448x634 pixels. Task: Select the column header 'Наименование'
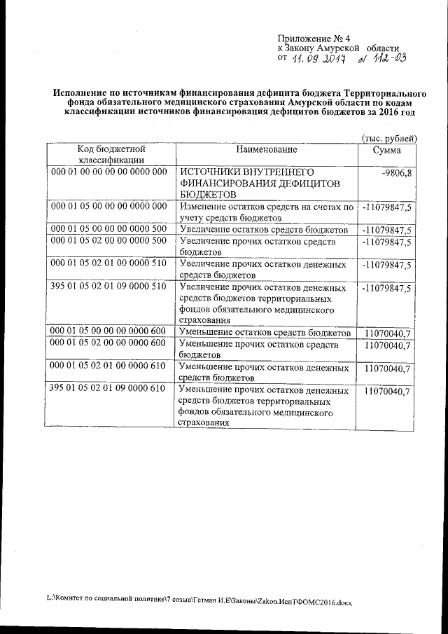266,149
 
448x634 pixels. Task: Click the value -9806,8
395,172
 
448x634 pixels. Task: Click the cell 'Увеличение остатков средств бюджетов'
263,230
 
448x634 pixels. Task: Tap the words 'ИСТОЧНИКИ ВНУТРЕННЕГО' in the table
246,172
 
